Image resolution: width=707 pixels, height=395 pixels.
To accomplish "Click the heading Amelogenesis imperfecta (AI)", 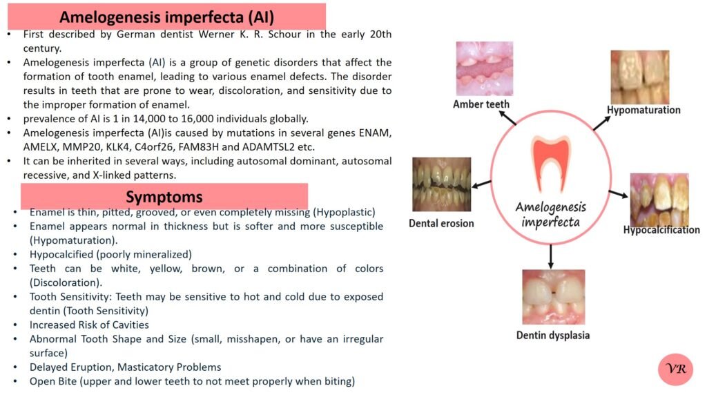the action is pos(167,17).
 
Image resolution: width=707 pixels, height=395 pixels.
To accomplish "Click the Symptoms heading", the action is pos(164,197).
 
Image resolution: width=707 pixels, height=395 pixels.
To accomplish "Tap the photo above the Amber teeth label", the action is pos(484,68).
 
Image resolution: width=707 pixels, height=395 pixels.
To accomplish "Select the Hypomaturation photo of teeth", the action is pos(640,77).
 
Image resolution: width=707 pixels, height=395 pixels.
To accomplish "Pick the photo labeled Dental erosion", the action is pos(442,184).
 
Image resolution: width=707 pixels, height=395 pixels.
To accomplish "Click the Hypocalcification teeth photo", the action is pos(659,200).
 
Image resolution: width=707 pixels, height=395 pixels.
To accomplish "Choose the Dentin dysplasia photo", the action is pos(554,297).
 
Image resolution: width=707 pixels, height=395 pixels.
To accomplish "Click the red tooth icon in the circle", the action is pos(550,163).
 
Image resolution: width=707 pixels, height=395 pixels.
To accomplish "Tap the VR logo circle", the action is pos(675,369).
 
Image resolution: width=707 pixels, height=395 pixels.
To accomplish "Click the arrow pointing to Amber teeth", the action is pos(507,117).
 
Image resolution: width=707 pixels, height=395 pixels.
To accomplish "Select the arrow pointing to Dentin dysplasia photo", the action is pos(550,257).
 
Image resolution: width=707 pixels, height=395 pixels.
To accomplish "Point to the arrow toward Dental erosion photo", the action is pos(481,184).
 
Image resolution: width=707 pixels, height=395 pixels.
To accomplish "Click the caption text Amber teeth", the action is pos(481,104).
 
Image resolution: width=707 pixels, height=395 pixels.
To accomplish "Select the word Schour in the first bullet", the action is pos(284,35).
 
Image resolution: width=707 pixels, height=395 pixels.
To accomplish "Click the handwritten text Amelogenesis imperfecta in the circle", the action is pos(550,215).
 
